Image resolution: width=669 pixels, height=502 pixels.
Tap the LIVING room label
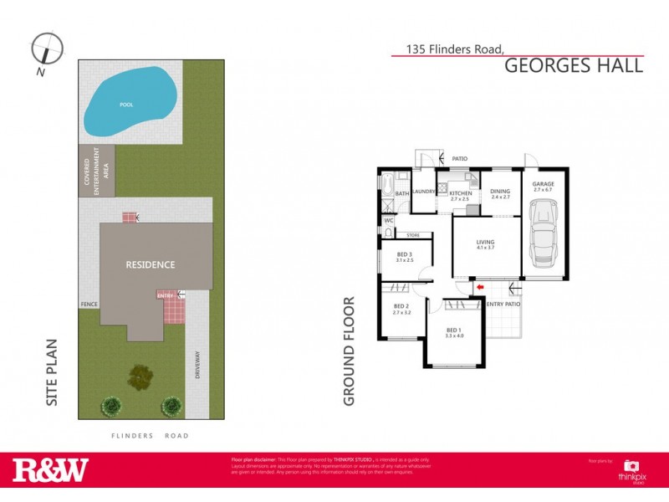(x=485, y=243)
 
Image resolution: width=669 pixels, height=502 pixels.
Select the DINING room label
(x=500, y=193)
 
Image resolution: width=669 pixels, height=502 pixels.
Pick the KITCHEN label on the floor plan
(x=461, y=195)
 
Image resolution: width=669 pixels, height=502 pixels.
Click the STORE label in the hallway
(x=413, y=235)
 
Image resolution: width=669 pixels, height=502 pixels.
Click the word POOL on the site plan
(x=126, y=105)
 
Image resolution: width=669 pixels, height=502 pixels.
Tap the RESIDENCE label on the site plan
(x=151, y=265)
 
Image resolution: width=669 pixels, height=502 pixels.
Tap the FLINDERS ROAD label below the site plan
(x=151, y=436)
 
